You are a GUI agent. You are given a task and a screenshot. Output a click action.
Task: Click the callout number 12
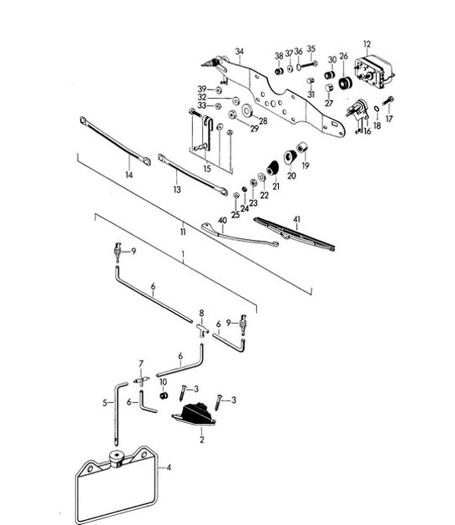tap(367, 43)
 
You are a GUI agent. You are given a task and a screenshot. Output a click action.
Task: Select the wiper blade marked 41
tap(294, 234)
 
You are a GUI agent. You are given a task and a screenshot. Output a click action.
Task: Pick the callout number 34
tap(239, 51)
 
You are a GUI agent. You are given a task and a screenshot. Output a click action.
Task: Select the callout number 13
tap(177, 190)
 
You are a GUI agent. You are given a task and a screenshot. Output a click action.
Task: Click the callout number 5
tap(106, 403)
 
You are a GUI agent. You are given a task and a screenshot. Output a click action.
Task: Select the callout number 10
tap(164, 381)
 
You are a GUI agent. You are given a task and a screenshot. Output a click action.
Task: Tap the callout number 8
tap(200, 313)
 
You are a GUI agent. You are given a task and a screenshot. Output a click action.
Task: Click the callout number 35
tap(311, 49)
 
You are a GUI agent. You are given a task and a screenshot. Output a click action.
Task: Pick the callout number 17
tap(388, 119)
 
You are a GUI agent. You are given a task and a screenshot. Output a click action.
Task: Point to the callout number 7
tap(141, 364)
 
